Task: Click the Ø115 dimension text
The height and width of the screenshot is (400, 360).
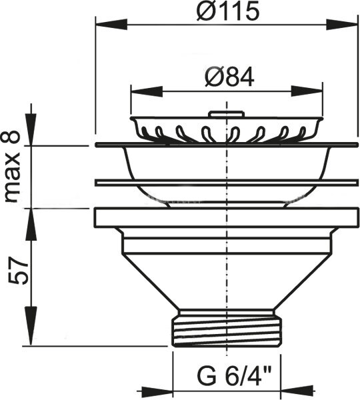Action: (x=228, y=11)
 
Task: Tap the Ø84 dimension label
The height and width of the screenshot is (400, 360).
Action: (x=229, y=77)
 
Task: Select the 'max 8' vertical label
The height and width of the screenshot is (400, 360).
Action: (x=12, y=167)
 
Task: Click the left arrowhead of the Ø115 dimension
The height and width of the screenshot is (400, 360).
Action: (x=111, y=25)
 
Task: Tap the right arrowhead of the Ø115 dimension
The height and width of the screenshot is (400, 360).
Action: (x=342, y=25)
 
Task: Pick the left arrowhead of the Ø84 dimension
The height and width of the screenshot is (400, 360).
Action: (x=147, y=91)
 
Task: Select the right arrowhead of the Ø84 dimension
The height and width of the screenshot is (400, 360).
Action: (x=307, y=91)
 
